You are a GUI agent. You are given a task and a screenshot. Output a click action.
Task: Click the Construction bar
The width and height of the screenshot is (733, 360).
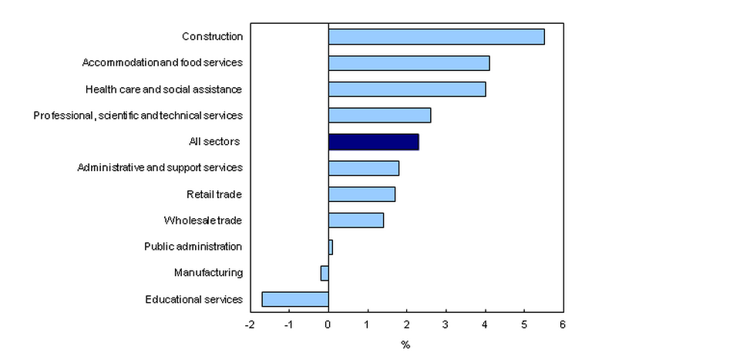(436, 36)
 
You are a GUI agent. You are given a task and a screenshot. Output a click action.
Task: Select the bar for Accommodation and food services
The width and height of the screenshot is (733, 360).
(409, 63)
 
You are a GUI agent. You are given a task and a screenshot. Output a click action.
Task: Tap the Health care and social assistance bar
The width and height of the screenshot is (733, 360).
(407, 89)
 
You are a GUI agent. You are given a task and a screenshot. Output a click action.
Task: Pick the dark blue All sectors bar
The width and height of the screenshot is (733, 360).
(373, 142)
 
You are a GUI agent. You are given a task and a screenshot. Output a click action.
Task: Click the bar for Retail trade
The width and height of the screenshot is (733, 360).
(361, 194)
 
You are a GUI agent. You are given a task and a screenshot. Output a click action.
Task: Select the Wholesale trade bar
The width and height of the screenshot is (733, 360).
(356, 220)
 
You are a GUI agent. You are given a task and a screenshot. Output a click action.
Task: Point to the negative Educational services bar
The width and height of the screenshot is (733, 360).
(295, 299)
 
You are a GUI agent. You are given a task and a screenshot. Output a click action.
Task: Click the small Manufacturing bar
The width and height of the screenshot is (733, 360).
(324, 273)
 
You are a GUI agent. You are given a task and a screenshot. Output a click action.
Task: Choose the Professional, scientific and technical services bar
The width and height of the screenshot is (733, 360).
(379, 116)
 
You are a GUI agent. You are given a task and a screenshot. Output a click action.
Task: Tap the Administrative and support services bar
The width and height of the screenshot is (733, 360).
(364, 168)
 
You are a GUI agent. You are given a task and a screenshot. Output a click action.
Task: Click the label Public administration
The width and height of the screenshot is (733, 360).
(193, 247)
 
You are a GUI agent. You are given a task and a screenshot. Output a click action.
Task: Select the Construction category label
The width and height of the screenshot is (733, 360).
(212, 36)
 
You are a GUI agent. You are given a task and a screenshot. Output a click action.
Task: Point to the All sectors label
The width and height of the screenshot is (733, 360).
(214, 141)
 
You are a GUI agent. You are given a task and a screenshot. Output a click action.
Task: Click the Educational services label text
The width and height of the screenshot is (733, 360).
(193, 299)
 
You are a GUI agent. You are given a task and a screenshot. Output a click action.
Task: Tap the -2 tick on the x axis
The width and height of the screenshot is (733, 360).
(249, 325)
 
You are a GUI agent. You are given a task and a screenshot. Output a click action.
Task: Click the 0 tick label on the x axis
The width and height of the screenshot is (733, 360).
(328, 325)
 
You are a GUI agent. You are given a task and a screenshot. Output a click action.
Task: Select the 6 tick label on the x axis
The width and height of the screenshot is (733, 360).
(563, 325)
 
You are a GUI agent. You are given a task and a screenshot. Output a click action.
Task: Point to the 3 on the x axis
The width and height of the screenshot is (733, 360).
(446, 325)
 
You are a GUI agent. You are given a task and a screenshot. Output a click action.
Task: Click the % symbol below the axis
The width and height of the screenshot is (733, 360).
(405, 345)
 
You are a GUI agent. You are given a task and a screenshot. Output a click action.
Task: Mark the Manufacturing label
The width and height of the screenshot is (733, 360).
(208, 273)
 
